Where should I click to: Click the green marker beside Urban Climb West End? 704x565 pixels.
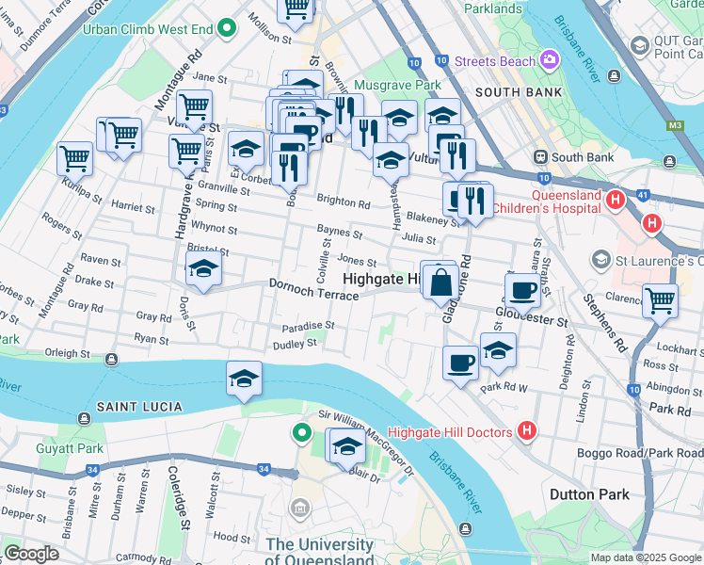pyautogui.click(x=226, y=28)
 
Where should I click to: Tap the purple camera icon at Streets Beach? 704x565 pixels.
pyautogui.click(x=549, y=61)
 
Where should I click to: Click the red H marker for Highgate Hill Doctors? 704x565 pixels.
pyautogui.click(x=527, y=431)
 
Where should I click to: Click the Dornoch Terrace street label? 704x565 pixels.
pyautogui.click(x=313, y=289)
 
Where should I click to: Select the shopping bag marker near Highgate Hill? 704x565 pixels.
pyautogui.click(x=440, y=282)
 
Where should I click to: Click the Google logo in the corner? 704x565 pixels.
pyautogui.click(x=31, y=553)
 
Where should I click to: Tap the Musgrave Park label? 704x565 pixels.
pyautogui.click(x=401, y=86)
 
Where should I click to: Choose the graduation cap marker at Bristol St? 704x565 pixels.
pyautogui.click(x=203, y=269)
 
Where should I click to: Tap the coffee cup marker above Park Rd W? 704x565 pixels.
pyautogui.click(x=460, y=363)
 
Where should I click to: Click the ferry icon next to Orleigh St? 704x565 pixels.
pyautogui.click(x=112, y=360)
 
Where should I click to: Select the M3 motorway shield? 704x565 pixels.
pyautogui.click(x=674, y=124)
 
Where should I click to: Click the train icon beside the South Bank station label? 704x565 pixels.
pyautogui.click(x=541, y=156)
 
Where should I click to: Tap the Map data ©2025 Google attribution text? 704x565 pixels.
pyautogui.click(x=645, y=557)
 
